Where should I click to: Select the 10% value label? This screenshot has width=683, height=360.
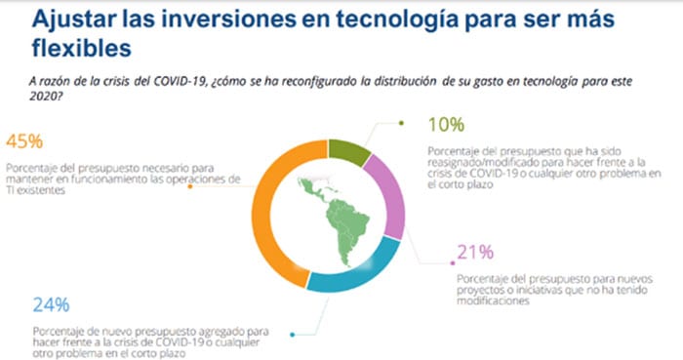click(x=446, y=127)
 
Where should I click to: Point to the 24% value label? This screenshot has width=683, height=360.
click(x=52, y=303)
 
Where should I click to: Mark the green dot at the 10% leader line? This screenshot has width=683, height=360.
click(x=401, y=124)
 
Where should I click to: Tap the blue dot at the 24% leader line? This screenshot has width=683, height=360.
click(x=293, y=333)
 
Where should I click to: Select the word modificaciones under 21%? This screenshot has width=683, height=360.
click(x=492, y=301)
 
